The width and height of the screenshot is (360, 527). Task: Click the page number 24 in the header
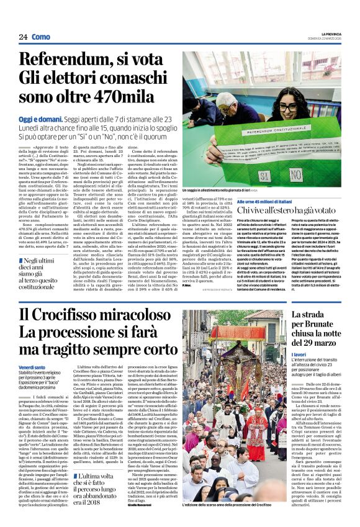[x=23, y=37]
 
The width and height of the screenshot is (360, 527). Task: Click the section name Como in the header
[x=40, y=37]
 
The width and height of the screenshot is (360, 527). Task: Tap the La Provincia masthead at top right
[x=328, y=33]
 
